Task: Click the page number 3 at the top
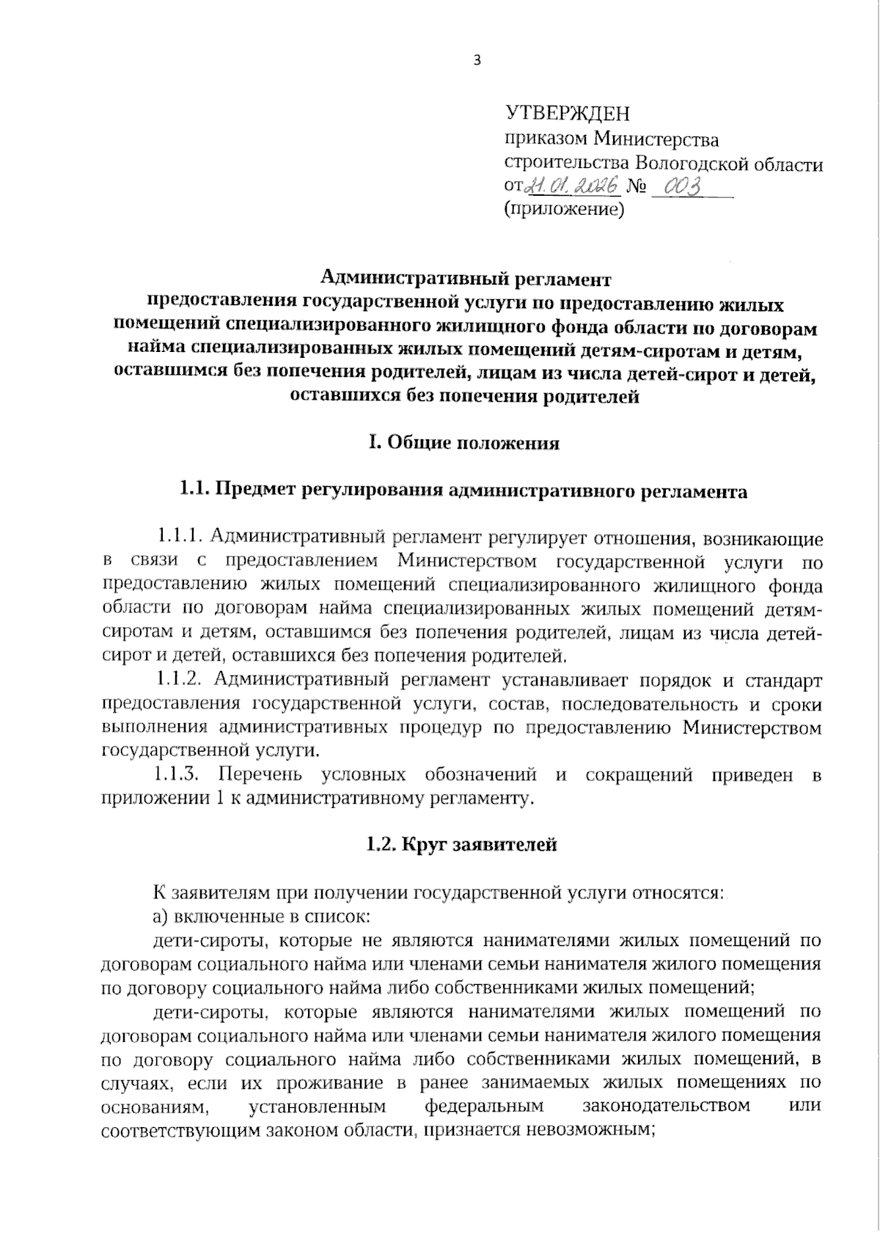(477, 62)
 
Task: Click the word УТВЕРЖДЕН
(568, 114)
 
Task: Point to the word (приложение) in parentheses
(563, 211)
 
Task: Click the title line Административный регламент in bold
(466, 279)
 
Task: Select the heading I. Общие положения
(463, 444)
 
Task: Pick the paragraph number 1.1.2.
(180, 680)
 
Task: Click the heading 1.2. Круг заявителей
(462, 845)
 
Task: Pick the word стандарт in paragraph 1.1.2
(785, 680)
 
